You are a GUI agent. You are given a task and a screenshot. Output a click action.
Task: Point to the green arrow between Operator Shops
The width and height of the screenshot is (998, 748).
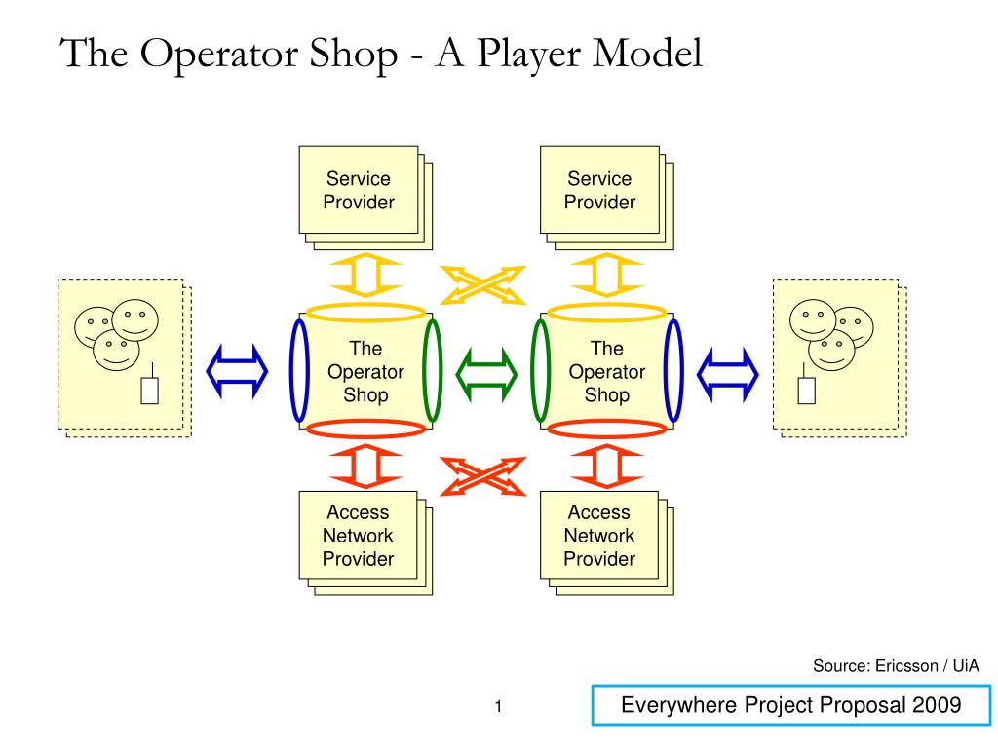coord(486,375)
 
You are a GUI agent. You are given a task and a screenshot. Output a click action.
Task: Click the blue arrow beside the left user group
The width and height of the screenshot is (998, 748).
coord(237,371)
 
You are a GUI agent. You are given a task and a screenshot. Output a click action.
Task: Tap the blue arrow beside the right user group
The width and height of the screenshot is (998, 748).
coord(727,375)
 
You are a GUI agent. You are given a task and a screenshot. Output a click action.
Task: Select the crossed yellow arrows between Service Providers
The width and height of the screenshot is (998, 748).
coord(483,285)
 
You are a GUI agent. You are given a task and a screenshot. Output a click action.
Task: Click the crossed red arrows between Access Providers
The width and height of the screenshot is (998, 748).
coord(483,476)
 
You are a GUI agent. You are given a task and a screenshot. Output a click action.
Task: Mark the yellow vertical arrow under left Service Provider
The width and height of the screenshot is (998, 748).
coord(365,276)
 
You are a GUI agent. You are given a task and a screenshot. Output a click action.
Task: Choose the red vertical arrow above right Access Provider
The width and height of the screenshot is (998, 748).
coord(606,467)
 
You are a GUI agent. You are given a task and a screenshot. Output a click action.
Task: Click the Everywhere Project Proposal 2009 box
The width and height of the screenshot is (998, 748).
coord(791,705)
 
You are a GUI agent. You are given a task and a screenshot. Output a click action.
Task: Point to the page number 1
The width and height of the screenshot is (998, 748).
coord(498,706)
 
